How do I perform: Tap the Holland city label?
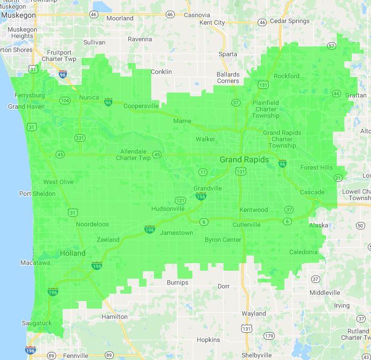coord(73,253)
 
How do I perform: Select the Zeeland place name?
coord(108,240)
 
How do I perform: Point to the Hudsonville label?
coord(168,208)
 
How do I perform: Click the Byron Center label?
coord(223,240)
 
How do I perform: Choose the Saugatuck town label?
coord(37,323)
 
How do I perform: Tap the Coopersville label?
coord(141,106)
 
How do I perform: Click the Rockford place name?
coord(287,76)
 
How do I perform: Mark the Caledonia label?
coord(303,252)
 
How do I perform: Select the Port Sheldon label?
coord(37,194)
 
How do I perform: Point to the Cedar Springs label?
coord(290,21)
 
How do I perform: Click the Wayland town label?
coord(253,313)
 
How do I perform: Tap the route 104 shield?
coord(65,101)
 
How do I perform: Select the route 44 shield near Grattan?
coord(336,94)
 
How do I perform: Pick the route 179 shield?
coord(268,336)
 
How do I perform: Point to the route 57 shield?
coord(331,46)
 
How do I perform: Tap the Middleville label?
coord(324,293)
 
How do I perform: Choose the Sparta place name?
coord(228,54)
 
